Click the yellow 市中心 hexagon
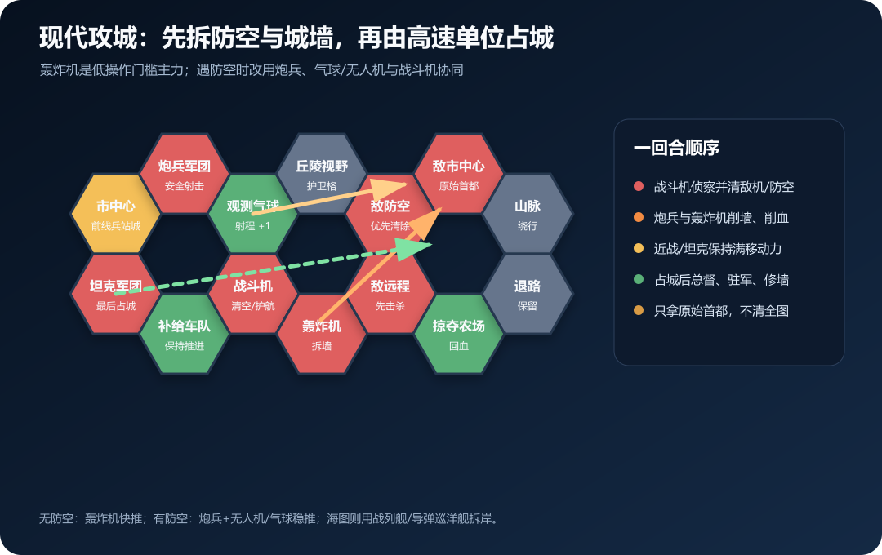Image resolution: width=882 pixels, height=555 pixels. tap(115, 214)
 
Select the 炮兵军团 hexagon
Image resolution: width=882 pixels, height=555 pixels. tap(184, 174)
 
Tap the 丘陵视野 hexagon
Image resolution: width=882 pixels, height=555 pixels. tap(321, 174)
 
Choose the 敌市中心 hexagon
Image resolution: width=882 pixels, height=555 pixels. tap(458, 174)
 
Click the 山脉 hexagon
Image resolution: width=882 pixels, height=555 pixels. tap(527, 214)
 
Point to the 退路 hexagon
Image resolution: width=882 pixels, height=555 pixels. tap(527, 294)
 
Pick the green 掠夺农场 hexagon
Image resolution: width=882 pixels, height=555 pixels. tap(458, 334)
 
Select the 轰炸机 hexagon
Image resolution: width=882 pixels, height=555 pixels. tap(321, 334)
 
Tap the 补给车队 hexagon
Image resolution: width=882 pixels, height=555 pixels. tap(184, 334)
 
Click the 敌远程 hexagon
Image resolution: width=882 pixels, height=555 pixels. tap(390, 294)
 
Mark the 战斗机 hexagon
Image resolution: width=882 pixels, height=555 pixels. tap(252, 294)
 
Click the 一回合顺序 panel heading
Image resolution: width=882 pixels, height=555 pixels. tap(676, 148)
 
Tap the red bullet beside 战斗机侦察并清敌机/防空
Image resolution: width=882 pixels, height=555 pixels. tap(639, 186)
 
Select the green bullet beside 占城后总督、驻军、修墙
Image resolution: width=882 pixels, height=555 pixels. tap(639, 279)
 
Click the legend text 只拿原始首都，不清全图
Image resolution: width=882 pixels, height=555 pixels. tap(721, 311)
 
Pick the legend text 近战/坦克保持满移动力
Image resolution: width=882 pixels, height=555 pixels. tap(717, 249)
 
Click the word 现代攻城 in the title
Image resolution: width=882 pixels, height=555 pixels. tap(88, 38)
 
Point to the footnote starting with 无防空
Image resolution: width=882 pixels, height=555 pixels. tap(269, 518)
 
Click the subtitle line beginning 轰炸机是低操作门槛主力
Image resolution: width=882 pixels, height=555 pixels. tap(252, 69)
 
